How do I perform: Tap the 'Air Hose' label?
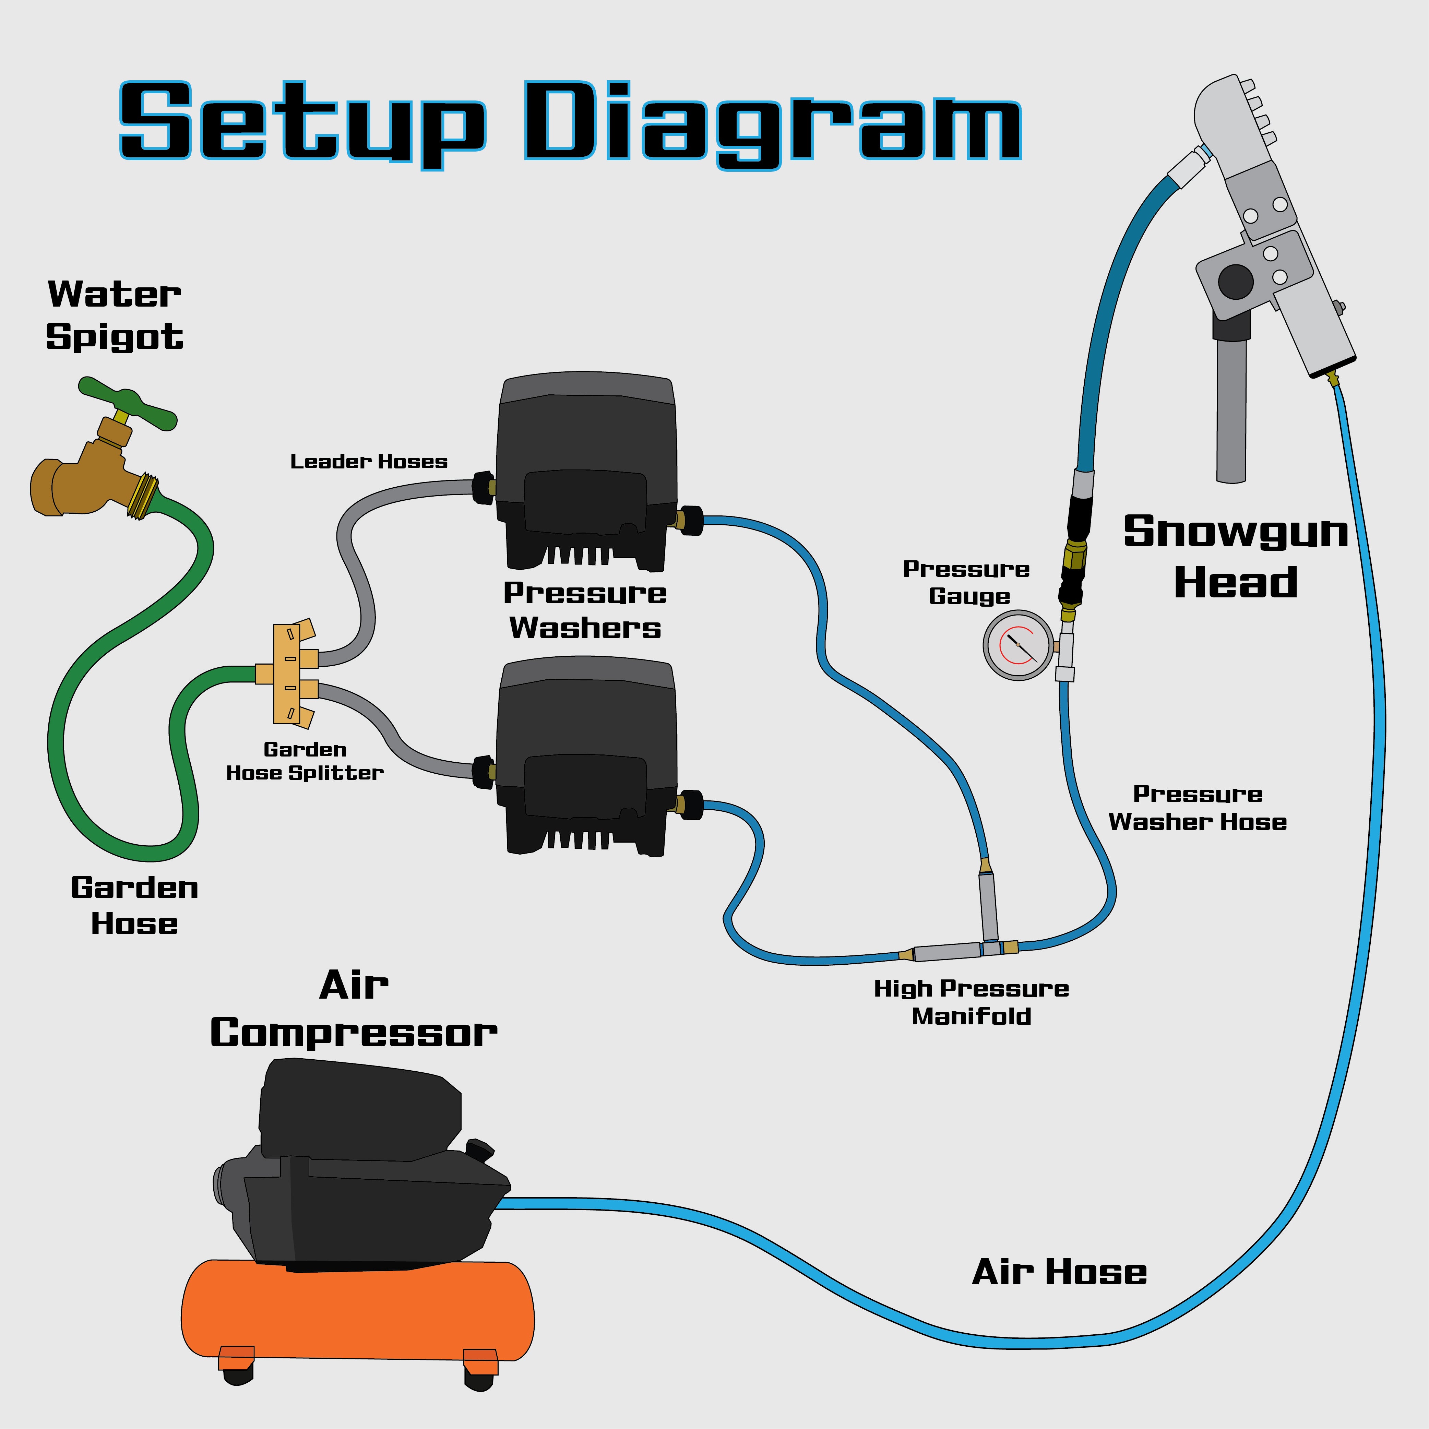(1059, 1272)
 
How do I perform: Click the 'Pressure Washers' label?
(584, 610)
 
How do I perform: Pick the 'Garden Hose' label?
(135, 905)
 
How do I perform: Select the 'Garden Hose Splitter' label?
(305, 761)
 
